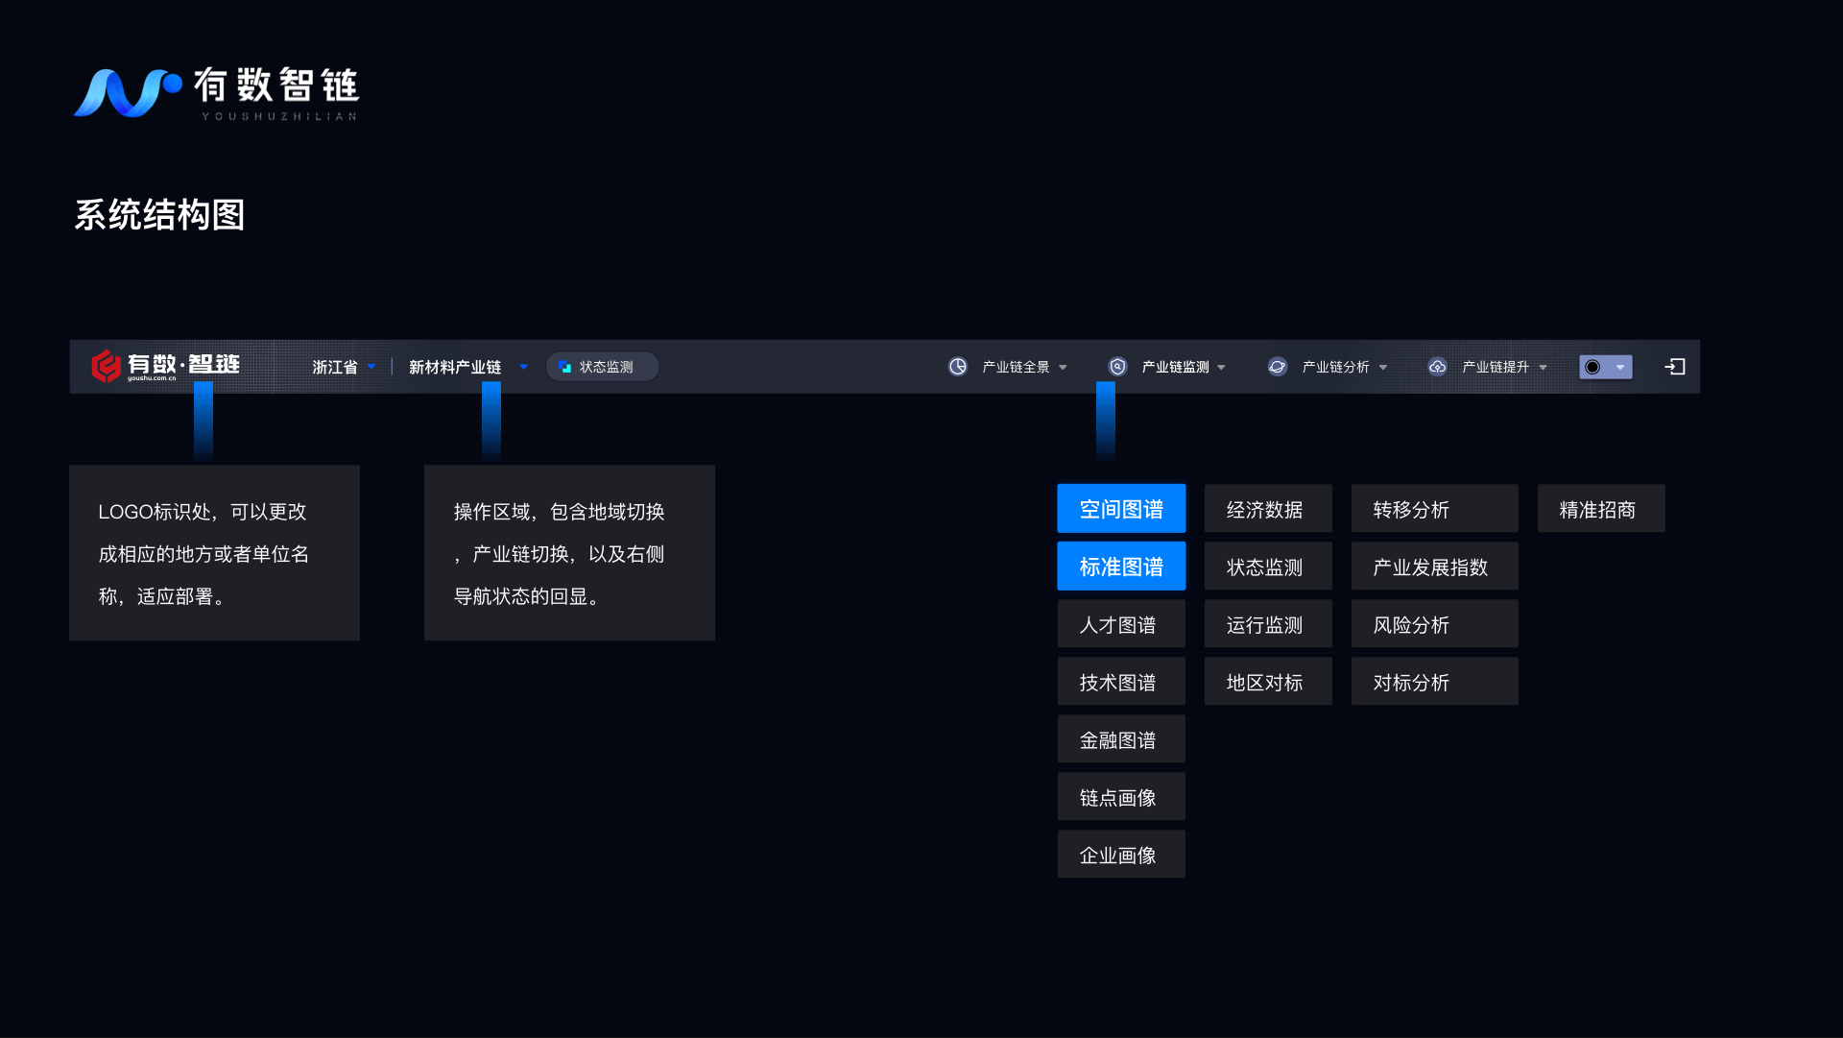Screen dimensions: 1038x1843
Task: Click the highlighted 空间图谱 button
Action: tap(1121, 509)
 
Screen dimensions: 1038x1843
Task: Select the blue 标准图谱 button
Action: tap(1121, 567)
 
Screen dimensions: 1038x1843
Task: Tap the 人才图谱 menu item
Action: tap(1121, 624)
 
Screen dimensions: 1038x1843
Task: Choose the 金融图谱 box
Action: tap(1121, 739)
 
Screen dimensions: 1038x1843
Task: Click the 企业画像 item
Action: tap(1121, 855)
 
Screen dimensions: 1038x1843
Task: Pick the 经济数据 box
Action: tap(1267, 509)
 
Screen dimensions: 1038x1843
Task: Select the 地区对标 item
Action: tap(1267, 682)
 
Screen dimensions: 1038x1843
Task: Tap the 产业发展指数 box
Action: tap(1433, 567)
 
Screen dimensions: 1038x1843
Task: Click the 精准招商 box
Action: tap(1600, 509)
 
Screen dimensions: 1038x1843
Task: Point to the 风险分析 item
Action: tap(1433, 624)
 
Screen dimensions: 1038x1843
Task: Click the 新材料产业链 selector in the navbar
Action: tap(467, 367)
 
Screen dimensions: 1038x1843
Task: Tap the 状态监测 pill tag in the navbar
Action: tap(602, 367)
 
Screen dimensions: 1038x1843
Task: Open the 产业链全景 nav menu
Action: tap(1008, 367)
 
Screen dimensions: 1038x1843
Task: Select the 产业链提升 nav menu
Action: tap(1488, 367)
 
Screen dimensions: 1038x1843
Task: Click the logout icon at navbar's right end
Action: tap(1675, 367)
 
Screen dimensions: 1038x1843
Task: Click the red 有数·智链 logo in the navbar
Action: tap(165, 366)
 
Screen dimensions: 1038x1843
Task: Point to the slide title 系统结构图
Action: tap(159, 215)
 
